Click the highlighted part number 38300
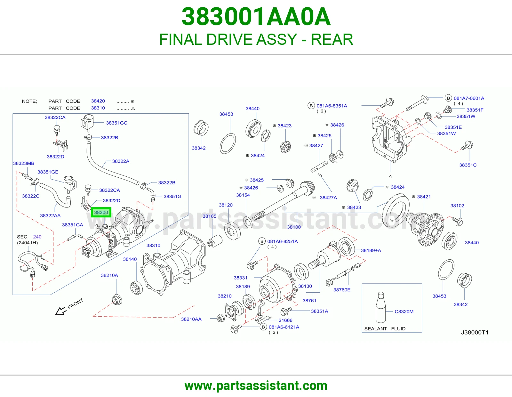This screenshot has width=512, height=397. pyautogui.click(x=101, y=212)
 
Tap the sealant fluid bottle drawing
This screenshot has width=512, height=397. pyautogui.click(x=380, y=307)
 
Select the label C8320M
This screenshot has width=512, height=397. pyautogui.click(x=404, y=312)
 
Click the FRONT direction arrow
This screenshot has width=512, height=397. pyautogui.click(x=60, y=311)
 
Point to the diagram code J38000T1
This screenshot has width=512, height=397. pyautogui.click(x=475, y=332)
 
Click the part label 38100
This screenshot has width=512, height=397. pyautogui.click(x=294, y=227)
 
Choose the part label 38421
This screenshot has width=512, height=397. pyautogui.click(x=424, y=197)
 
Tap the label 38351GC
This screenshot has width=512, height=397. pyautogui.click(x=116, y=123)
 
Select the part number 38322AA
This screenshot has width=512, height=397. pyautogui.click(x=50, y=215)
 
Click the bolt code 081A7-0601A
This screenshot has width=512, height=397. pyautogui.click(x=469, y=98)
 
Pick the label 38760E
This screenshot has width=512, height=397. pyautogui.click(x=342, y=290)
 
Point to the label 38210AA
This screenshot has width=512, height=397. pyautogui.click(x=191, y=319)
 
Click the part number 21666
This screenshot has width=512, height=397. pyautogui.click(x=285, y=320)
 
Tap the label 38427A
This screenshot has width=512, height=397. pyautogui.click(x=328, y=198)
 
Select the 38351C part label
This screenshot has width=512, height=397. pyautogui.click(x=468, y=165)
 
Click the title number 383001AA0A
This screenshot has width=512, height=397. pyautogui.click(x=256, y=17)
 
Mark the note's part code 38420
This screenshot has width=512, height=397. pyautogui.click(x=98, y=101)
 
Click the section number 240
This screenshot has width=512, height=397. pyautogui.click(x=37, y=237)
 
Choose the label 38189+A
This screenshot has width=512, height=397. pyautogui.click(x=371, y=250)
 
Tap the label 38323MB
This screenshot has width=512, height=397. pyautogui.click(x=24, y=163)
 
